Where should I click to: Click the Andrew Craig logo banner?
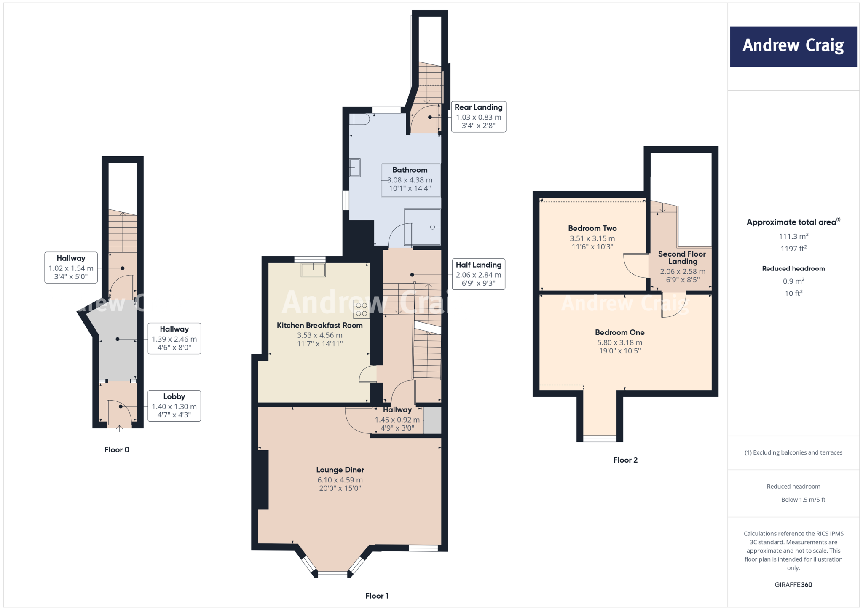pos(793,46)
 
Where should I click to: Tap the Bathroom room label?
pos(410,170)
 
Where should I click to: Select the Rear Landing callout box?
pos(478,116)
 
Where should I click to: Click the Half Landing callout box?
pos(478,274)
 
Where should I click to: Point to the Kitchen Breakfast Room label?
pos(319,325)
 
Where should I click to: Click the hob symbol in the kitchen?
pos(361,309)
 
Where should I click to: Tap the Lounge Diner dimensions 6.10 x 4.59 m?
pos(340,480)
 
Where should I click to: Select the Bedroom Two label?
pos(592,228)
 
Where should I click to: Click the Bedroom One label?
pos(619,332)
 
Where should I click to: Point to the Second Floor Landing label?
pos(682,257)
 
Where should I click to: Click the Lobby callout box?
pos(174,406)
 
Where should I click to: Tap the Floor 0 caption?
pos(117,449)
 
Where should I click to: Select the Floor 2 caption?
pos(625,460)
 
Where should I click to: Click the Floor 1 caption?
pos(377,596)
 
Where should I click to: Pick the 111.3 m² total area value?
pos(793,236)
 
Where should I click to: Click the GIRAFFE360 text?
pos(793,585)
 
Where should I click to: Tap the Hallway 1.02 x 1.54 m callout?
pos(71,268)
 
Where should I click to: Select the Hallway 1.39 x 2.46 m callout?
pos(174,338)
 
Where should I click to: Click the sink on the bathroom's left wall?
pos(355,167)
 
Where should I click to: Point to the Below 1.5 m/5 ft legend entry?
pos(802,500)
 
